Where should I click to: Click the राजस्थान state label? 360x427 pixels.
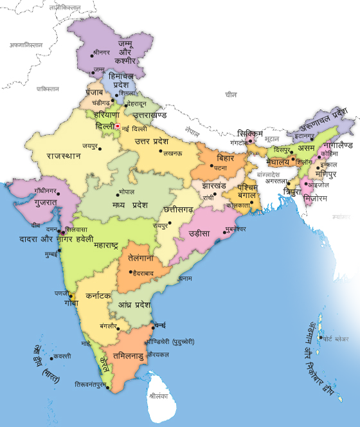[63, 156]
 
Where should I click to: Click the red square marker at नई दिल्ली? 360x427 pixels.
[117, 126]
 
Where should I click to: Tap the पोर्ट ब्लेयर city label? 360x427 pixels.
[336, 338]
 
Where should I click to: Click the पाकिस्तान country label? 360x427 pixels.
[48, 89]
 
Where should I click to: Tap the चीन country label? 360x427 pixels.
[231, 95]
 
